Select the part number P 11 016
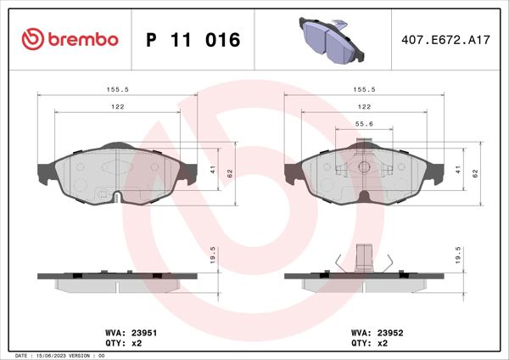click(193, 40)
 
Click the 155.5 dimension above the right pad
click(363, 87)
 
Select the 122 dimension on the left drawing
click(117, 106)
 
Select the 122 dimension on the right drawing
click(363, 106)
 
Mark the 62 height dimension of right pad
click(476, 172)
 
